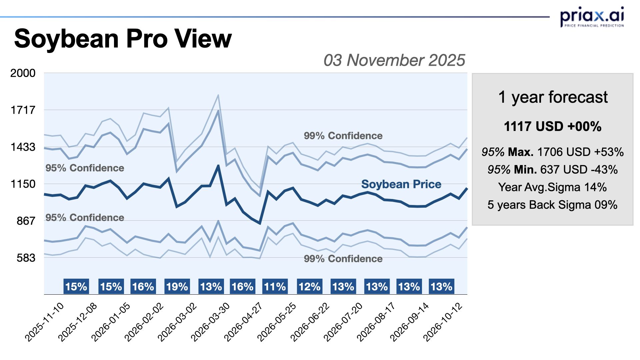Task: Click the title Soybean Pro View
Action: pyautogui.click(x=123, y=39)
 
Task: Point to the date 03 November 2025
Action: pyautogui.click(x=394, y=60)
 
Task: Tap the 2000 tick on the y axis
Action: pyautogui.click(x=23, y=73)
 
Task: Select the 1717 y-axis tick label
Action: pyautogui.click(x=23, y=110)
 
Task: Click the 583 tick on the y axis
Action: pyautogui.click(x=26, y=258)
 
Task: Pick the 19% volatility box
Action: pyautogui.click(x=177, y=287)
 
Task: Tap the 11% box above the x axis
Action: pyautogui.click(x=275, y=287)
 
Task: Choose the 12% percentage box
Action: pyautogui.click(x=309, y=287)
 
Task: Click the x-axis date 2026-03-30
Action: pyautogui.click(x=210, y=322)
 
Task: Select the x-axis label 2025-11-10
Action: pyautogui.click(x=44, y=322)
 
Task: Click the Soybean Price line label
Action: pyautogui.click(x=401, y=184)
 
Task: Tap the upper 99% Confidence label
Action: pyautogui.click(x=343, y=136)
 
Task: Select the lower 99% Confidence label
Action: pyautogui.click(x=343, y=259)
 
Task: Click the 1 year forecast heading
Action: pyautogui.click(x=553, y=97)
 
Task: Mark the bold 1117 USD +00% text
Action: pyautogui.click(x=553, y=127)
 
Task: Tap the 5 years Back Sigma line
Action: pyautogui.click(x=553, y=205)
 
